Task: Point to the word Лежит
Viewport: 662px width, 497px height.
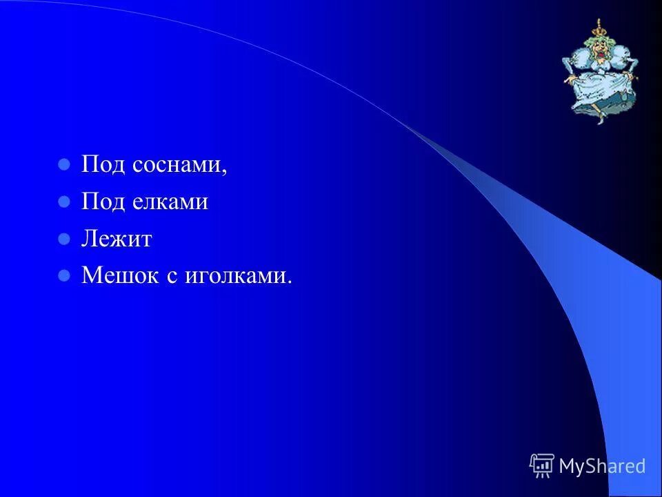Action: (x=117, y=240)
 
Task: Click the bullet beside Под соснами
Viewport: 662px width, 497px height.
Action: (x=64, y=166)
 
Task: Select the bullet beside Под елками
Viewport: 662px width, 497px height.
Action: (x=64, y=202)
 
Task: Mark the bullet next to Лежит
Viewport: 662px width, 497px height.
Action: (x=64, y=240)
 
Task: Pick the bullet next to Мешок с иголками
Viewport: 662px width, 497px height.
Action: (x=64, y=276)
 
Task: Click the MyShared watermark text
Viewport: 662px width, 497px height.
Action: (x=602, y=466)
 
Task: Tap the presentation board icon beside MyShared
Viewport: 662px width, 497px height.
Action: (x=542, y=465)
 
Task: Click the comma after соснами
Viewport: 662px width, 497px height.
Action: (x=224, y=173)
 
